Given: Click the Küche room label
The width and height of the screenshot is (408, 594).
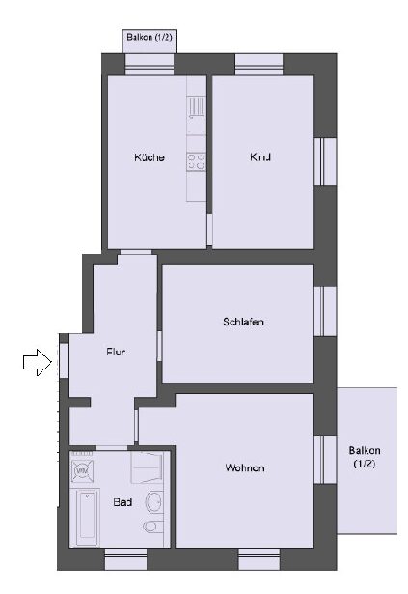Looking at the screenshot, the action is click(150, 157).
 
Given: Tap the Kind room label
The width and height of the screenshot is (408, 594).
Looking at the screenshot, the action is click(260, 156).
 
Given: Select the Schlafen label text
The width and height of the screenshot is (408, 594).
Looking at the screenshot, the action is click(243, 322).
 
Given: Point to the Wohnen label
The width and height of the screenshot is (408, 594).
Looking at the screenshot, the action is click(245, 467).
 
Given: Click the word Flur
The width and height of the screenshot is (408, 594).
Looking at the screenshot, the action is click(116, 352).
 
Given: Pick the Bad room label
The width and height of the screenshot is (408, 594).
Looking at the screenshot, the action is click(122, 502).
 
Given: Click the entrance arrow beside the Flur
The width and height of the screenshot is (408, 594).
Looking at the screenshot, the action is click(37, 362).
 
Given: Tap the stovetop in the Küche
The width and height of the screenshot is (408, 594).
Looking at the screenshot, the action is click(196, 161).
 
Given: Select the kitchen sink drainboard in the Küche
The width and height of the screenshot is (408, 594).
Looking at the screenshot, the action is click(197, 107).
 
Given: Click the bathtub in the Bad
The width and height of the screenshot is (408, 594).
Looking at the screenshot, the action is click(87, 517).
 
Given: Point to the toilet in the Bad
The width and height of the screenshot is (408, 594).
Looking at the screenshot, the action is click(153, 526).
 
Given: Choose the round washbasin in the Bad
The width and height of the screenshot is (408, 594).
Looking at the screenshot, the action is click(154, 502).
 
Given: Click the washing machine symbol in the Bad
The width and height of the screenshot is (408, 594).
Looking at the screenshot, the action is click(82, 471).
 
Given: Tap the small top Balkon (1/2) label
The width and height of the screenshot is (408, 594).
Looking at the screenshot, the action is click(150, 37).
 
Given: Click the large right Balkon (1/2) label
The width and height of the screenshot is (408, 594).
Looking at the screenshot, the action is click(365, 457).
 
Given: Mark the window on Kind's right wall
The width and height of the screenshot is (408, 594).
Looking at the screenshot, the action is click(325, 161).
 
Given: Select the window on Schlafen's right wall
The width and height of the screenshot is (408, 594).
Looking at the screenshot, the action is click(325, 311).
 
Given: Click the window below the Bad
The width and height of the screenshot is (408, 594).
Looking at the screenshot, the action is click(125, 559).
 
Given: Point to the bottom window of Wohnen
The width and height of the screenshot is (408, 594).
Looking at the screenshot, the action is click(259, 559).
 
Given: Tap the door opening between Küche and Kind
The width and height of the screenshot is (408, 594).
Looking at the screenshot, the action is click(209, 230).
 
